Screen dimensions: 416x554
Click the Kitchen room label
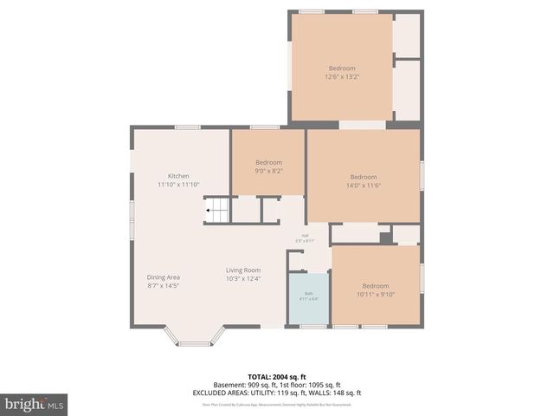tap(178, 176)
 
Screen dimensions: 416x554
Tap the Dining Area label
tap(163, 276)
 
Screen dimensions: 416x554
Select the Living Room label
tap(243, 270)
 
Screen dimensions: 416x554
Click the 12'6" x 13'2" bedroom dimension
tap(341, 77)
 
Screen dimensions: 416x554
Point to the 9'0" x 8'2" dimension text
tap(268, 171)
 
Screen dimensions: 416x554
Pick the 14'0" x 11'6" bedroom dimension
tap(364, 185)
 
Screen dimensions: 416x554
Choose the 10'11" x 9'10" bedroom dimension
tap(375, 295)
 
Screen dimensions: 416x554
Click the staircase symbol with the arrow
tap(217, 210)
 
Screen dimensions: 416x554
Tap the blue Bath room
tap(308, 299)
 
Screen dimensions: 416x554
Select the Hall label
tap(305, 235)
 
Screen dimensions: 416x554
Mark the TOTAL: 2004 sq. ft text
tap(277, 377)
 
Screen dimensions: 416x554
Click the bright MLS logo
tap(35, 405)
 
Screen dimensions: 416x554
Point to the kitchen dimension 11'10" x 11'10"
tap(178, 185)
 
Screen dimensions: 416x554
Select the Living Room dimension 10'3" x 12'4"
tap(243, 278)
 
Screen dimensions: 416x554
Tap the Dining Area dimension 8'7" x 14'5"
tap(163, 285)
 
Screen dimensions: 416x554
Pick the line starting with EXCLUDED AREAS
tap(277, 393)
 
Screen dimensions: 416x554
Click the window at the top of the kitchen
tap(188, 127)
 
